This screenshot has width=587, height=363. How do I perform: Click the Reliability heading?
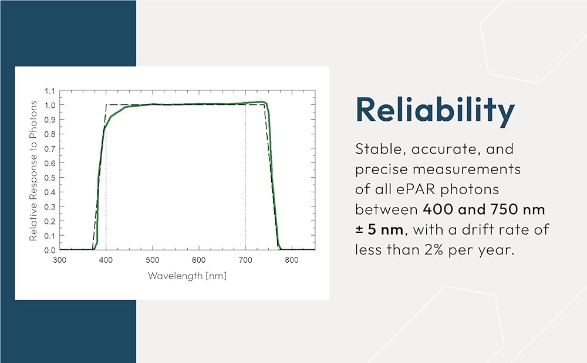(x=435, y=110)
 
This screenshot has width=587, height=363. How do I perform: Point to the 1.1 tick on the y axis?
(x=50, y=91)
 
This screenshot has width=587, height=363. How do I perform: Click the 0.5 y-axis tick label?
(x=50, y=178)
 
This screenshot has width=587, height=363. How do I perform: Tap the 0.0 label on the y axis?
(x=50, y=250)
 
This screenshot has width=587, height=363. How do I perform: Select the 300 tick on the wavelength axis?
(x=59, y=260)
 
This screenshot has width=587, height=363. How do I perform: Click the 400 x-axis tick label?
(x=106, y=260)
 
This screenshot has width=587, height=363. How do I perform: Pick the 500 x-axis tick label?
(x=153, y=260)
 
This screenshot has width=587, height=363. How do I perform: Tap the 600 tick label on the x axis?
(x=199, y=260)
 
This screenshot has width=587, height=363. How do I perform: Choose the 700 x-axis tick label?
(x=245, y=260)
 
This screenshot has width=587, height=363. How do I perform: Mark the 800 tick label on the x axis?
(x=292, y=260)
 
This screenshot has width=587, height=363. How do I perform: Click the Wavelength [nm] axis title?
(x=187, y=276)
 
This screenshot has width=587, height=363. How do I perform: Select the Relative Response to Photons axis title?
(x=33, y=171)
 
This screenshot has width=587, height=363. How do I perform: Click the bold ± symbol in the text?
(x=359, y=229)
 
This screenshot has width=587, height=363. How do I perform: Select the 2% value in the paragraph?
(x=434, y=250)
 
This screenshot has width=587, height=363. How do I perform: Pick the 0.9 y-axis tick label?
(x=50, y=120)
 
